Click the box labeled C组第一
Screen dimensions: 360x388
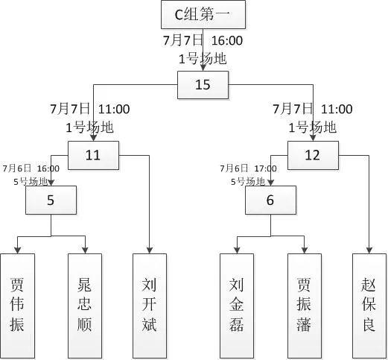point(203,15)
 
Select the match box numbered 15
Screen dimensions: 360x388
point(203,84)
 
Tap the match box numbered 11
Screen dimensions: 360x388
point(92,155)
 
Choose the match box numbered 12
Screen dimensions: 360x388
point(313,155)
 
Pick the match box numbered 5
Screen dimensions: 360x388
point(51,199)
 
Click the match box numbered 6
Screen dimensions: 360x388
point(270,199)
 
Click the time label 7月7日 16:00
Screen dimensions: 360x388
point(203,40)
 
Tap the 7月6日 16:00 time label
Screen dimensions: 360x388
point(31,168)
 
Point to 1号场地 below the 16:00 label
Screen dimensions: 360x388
point(203,57)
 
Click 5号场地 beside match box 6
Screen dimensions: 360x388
point(247,180)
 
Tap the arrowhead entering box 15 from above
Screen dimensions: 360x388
point(203,68)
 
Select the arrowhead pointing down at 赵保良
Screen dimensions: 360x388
point(369,249)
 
